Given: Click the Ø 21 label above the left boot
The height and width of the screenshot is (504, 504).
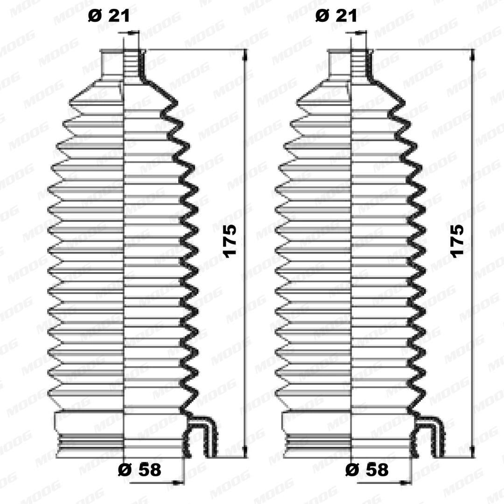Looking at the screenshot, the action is click(x=109, y=16).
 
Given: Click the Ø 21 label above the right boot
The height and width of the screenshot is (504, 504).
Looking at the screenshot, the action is click(x=336, y=16).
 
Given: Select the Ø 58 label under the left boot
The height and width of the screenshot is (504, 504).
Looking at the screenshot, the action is click(x=140, y=470).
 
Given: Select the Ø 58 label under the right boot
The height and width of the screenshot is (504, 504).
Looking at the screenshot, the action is click(x=367, y=470).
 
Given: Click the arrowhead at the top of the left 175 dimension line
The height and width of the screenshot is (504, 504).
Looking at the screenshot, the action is click(x=245, y=55).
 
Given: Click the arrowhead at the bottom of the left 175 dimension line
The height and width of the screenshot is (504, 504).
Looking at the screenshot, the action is click(x=245, y=451).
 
